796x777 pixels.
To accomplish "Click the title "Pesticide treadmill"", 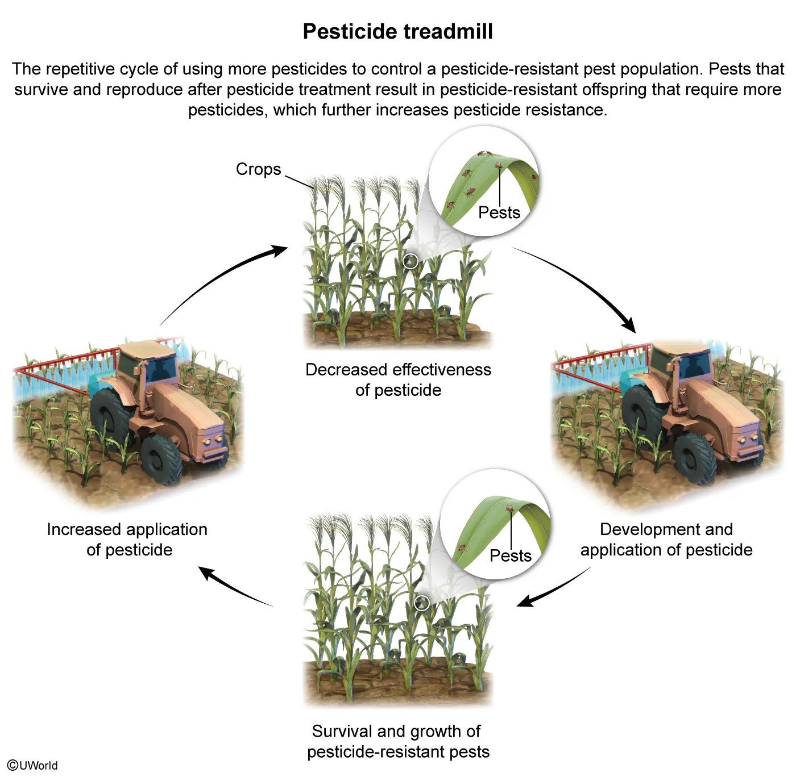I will (x=397, y=31).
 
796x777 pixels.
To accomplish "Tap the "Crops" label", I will (x=258, y=169).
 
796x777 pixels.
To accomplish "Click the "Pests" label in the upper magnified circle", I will (x=499, y=212).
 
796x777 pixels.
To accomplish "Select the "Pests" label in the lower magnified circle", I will (x=510, y=555).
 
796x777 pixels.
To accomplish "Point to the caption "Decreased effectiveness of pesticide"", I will (x=398, y=380).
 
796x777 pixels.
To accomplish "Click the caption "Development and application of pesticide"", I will (x=666, y=540).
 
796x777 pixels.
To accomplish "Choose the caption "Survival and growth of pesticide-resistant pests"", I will (x=398, y=741).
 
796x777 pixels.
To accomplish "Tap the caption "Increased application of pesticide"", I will (x=127, y=540).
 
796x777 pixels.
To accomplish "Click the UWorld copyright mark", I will (x=33, y=765).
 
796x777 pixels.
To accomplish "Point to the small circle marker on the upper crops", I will (x=411, y=261).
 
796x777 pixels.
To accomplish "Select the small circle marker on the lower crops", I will (x=421, y=603).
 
